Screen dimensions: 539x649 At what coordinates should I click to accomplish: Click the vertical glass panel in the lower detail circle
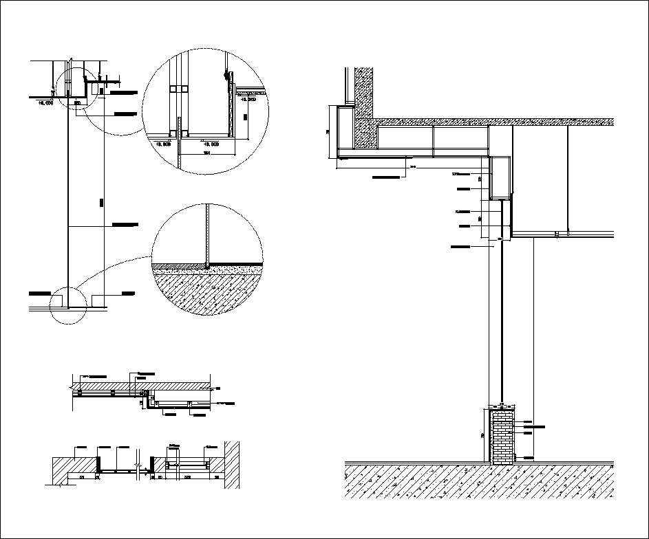click(x=206, y=234)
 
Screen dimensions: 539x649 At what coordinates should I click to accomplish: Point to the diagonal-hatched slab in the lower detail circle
click(x=206, y=292)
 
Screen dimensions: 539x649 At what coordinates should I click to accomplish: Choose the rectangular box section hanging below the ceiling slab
click(x=501, y=177)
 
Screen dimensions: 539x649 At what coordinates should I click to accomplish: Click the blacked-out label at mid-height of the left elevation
click(x=125, y=224)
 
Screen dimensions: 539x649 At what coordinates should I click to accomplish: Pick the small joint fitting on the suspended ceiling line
click(x=555, y=234)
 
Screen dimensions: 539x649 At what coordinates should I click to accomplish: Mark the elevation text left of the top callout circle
click(x=45, y=102)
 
